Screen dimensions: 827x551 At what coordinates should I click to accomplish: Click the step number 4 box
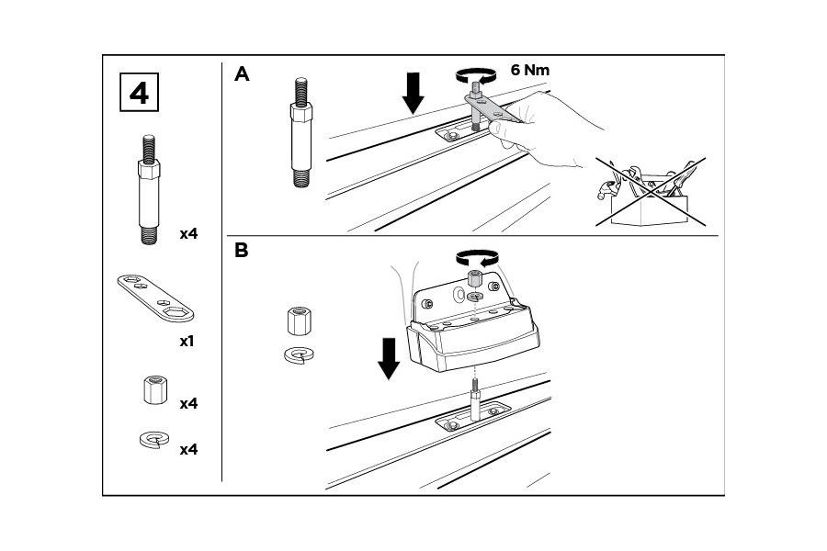point(140,93)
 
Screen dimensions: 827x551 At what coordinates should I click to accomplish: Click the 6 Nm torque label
point(529,70)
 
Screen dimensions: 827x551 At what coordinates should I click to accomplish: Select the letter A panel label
point(242,74)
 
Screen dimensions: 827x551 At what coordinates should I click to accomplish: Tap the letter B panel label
point(241,250)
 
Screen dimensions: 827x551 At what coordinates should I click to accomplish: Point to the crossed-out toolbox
point(651,192)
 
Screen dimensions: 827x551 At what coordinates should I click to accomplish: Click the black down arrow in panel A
point(413,93)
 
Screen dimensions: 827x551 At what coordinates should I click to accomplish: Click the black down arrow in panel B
point(389,358)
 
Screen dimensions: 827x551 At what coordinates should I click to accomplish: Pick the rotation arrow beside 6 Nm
point(476,75)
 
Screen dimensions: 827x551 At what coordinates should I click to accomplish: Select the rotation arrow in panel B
point(477,257)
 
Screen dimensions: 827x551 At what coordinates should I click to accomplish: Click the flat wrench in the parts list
point(155,298)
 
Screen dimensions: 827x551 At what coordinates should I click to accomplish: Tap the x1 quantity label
point(187,341)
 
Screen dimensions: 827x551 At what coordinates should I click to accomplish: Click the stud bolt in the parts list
point(149,190)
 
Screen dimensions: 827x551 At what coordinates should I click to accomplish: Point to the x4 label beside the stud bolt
point(188,233)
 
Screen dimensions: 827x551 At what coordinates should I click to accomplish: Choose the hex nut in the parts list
point(154,389)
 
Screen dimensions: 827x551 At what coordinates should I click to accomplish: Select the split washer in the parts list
point(154,439)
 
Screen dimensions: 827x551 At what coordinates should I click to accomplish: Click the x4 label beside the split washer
point(188,450)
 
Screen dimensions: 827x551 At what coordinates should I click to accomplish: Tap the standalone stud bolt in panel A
point(300,132)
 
